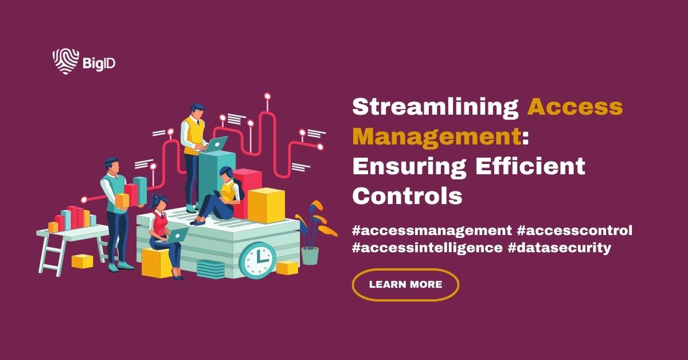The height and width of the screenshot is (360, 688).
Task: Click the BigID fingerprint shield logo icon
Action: coord(65,61)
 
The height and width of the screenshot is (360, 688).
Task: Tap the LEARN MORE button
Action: coord(405,284)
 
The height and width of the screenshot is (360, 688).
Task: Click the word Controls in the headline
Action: coord(407,196)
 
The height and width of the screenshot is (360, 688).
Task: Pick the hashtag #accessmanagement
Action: coord(432,230)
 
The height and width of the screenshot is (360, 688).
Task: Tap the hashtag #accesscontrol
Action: coord(575,230)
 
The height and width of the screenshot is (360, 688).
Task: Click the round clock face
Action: coord(257,261)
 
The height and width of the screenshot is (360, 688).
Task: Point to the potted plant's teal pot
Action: coord(310,255)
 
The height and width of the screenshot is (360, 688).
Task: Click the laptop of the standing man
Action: coord(216,144)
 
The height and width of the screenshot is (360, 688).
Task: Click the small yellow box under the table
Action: coord(83,261)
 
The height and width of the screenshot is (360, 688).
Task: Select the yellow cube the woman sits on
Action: coord(157,263)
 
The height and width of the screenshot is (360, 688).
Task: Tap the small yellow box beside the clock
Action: coord(287,267)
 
